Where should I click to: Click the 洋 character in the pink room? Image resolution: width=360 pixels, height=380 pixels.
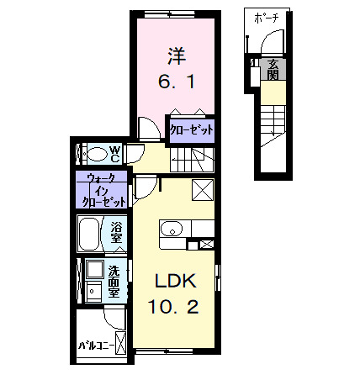(175, 57)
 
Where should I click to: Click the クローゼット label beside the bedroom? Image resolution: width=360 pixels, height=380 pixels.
(191, 129)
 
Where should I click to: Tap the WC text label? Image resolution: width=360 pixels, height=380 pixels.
(117, 155)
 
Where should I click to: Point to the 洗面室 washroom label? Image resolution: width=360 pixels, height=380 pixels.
(117, 277)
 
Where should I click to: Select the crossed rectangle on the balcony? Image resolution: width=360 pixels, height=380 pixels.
(123, 342)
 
